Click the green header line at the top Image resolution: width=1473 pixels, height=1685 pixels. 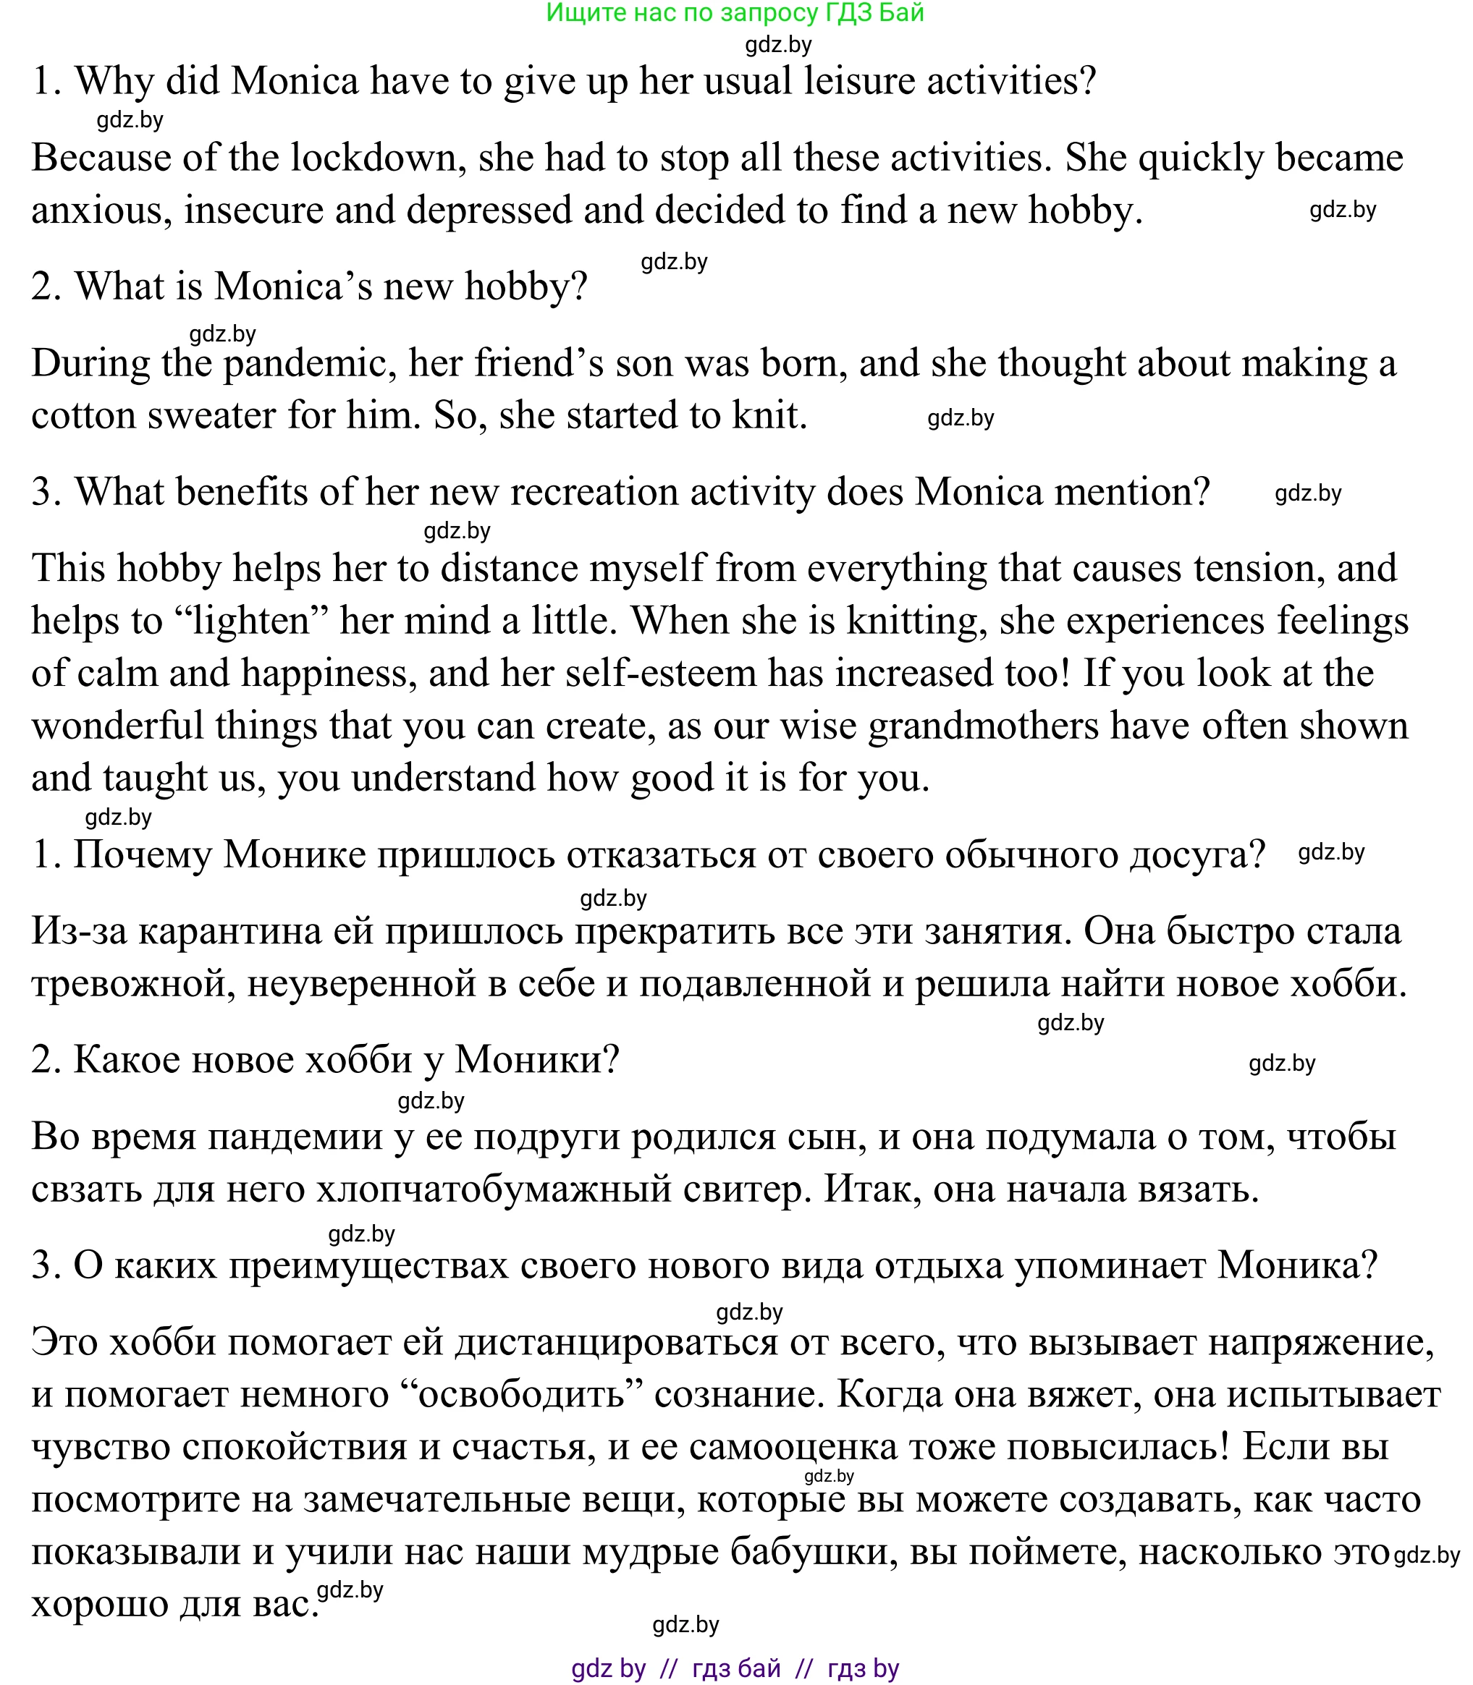click(735, 13)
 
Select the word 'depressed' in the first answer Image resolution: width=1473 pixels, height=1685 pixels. click(489, 211)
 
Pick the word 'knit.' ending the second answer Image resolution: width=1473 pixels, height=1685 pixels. click(770, 415)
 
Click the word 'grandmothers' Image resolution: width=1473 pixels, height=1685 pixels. click(983, 726)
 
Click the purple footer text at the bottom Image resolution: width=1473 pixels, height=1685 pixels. click(735, 1668)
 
